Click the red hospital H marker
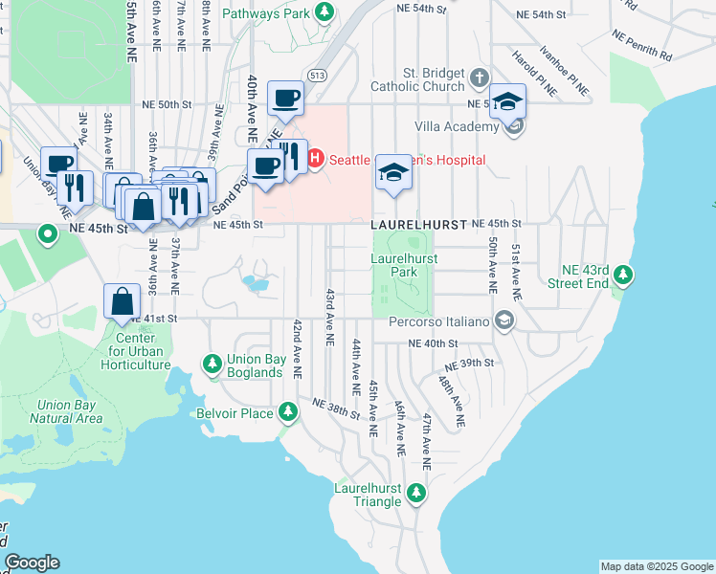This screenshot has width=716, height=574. pos(315,159)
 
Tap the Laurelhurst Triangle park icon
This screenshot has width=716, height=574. pos(415,493)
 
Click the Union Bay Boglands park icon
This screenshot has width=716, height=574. pos(212,364)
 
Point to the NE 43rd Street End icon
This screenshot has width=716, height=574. pos(624,276)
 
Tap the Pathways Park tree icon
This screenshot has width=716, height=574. pos(325,12)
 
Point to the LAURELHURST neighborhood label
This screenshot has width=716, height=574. pos(418,224)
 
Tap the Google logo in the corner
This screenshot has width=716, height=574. pos(32,563)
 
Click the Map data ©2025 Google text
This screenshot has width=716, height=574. pos(657,566)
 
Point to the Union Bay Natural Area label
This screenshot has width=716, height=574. pos(66,411)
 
